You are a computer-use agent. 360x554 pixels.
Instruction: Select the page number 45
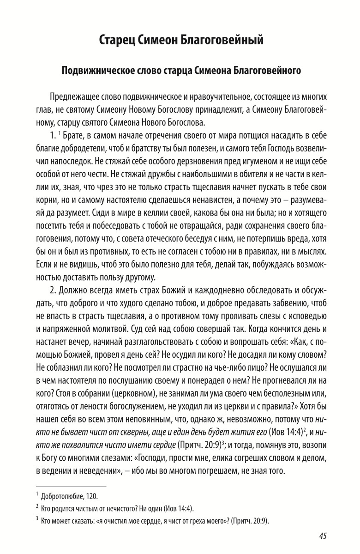(x=323, y=536)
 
